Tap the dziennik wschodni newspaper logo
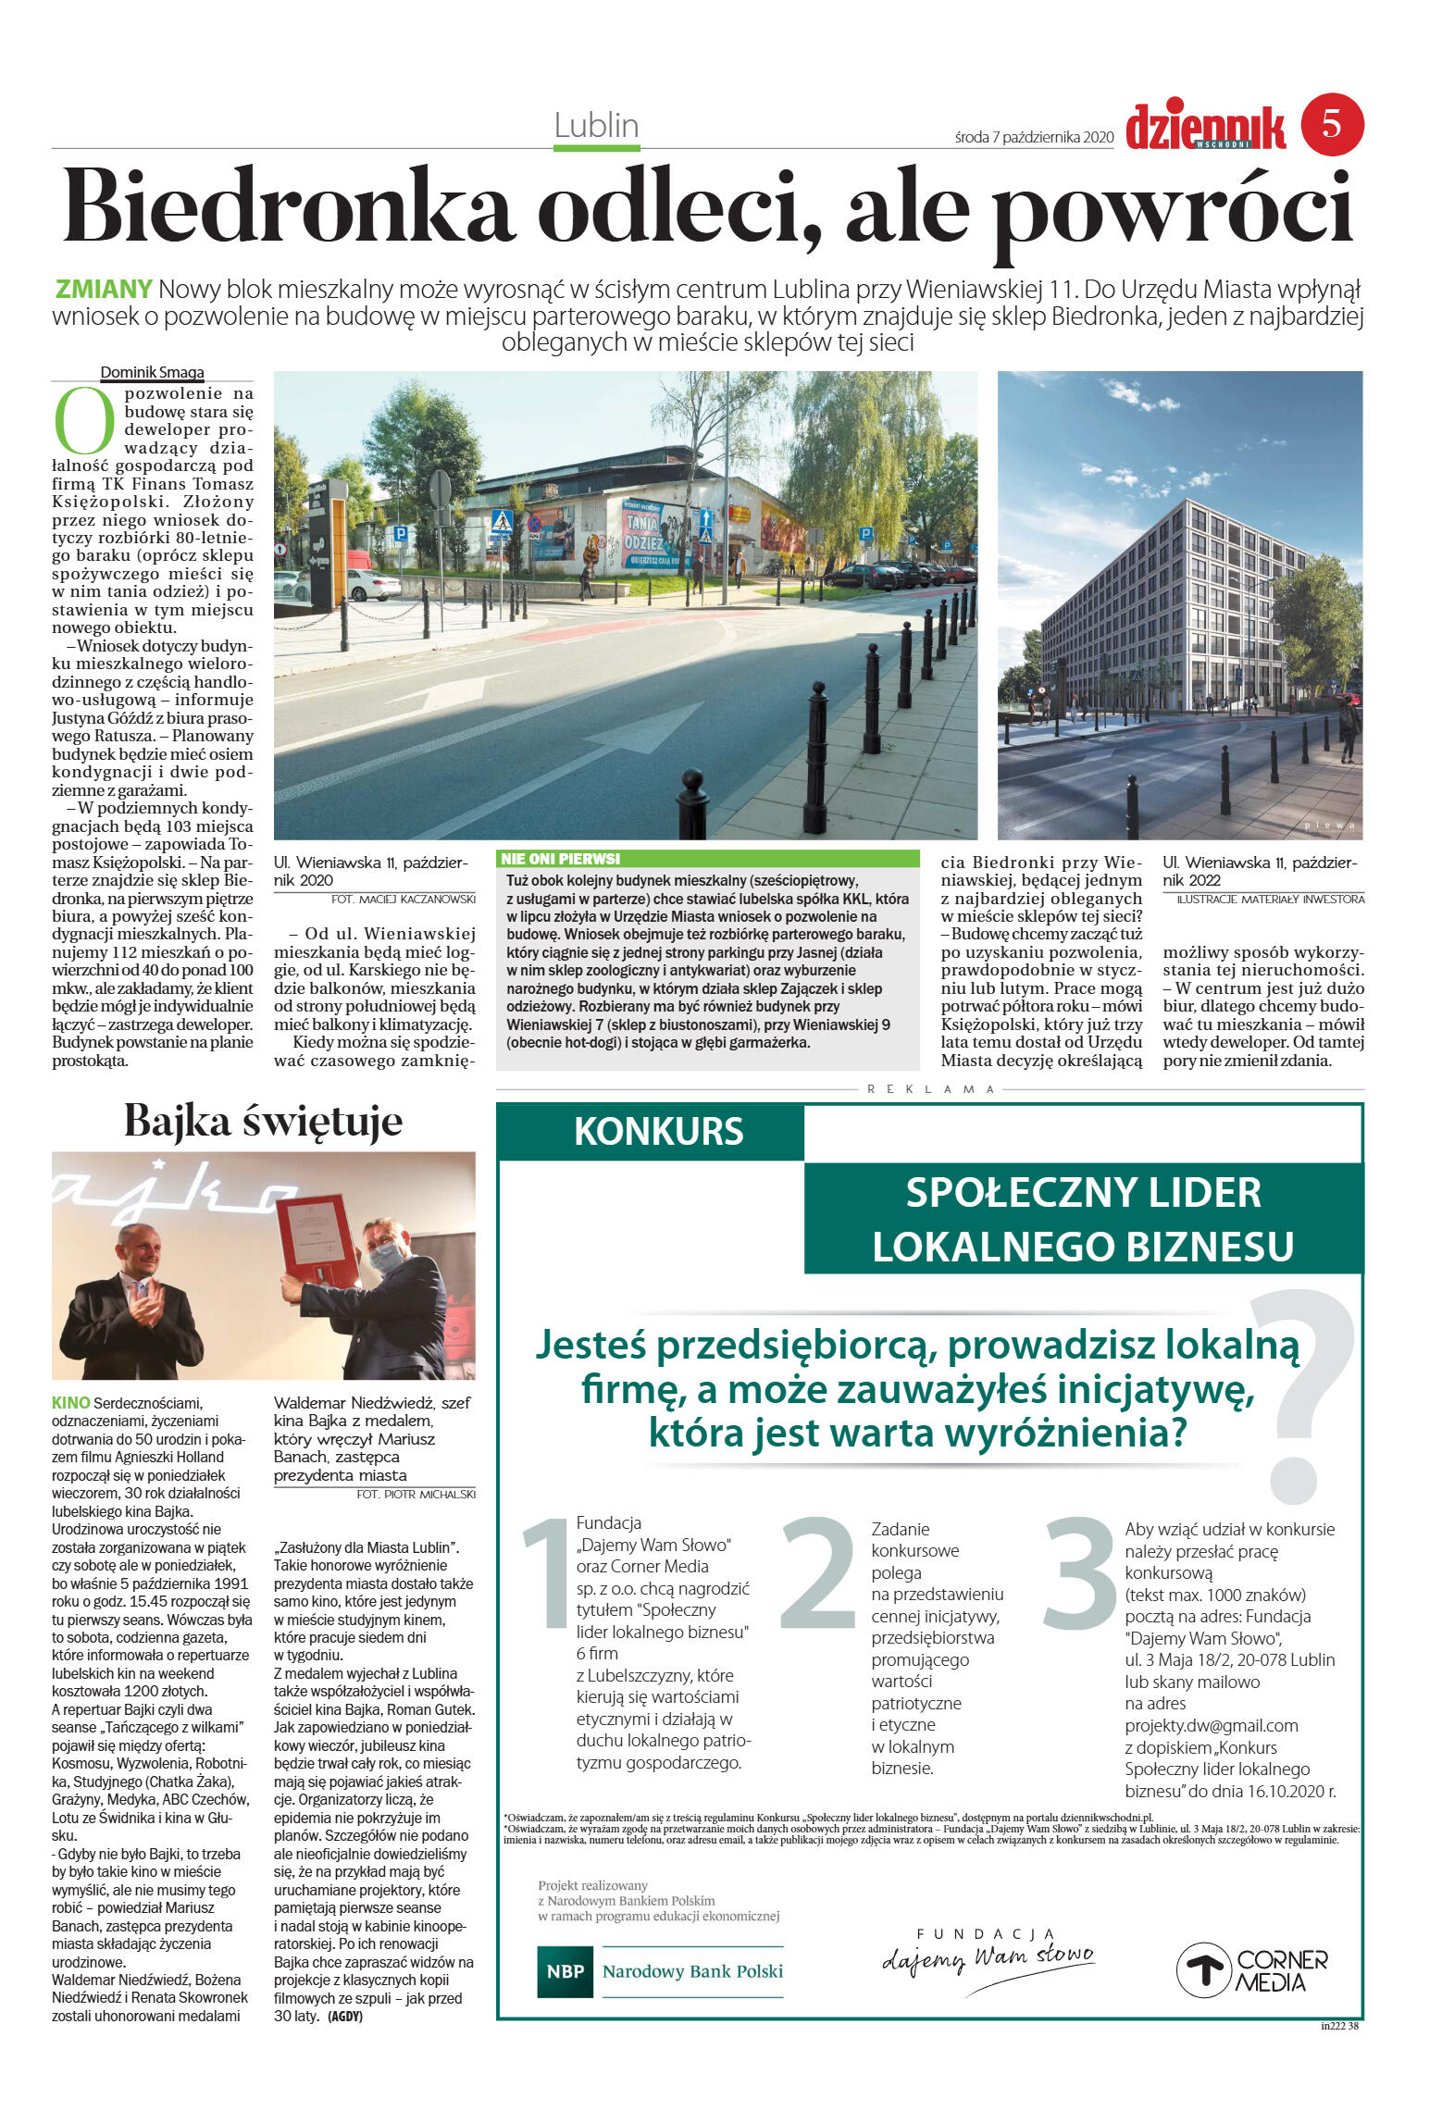pyautogui.click(x=1205, y=128)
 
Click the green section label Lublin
pyautogui.click(x=596, y=126)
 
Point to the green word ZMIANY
pyautogui.click(x=104, y=290)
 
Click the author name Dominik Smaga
pyautogui.click(x=152, y=372)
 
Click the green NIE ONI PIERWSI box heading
pyautogui.click(x=561, y=859)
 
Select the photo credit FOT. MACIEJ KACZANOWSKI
pyautogui.click(x=403, y=899)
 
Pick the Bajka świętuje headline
pyautogui.click(x=263, y=1121)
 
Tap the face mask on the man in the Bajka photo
pyautogui.click(x=387, y=1257)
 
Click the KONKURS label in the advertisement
pyautogui.click(x=658, y=1132)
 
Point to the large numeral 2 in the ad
pyautogui.click(x=819, y=1574)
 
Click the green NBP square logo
pyautogui.click(x=565, y=1971)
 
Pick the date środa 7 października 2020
pyautogui.click(x=1033, y=137)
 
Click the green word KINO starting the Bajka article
pyautogui.click(x=70, y=1403)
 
